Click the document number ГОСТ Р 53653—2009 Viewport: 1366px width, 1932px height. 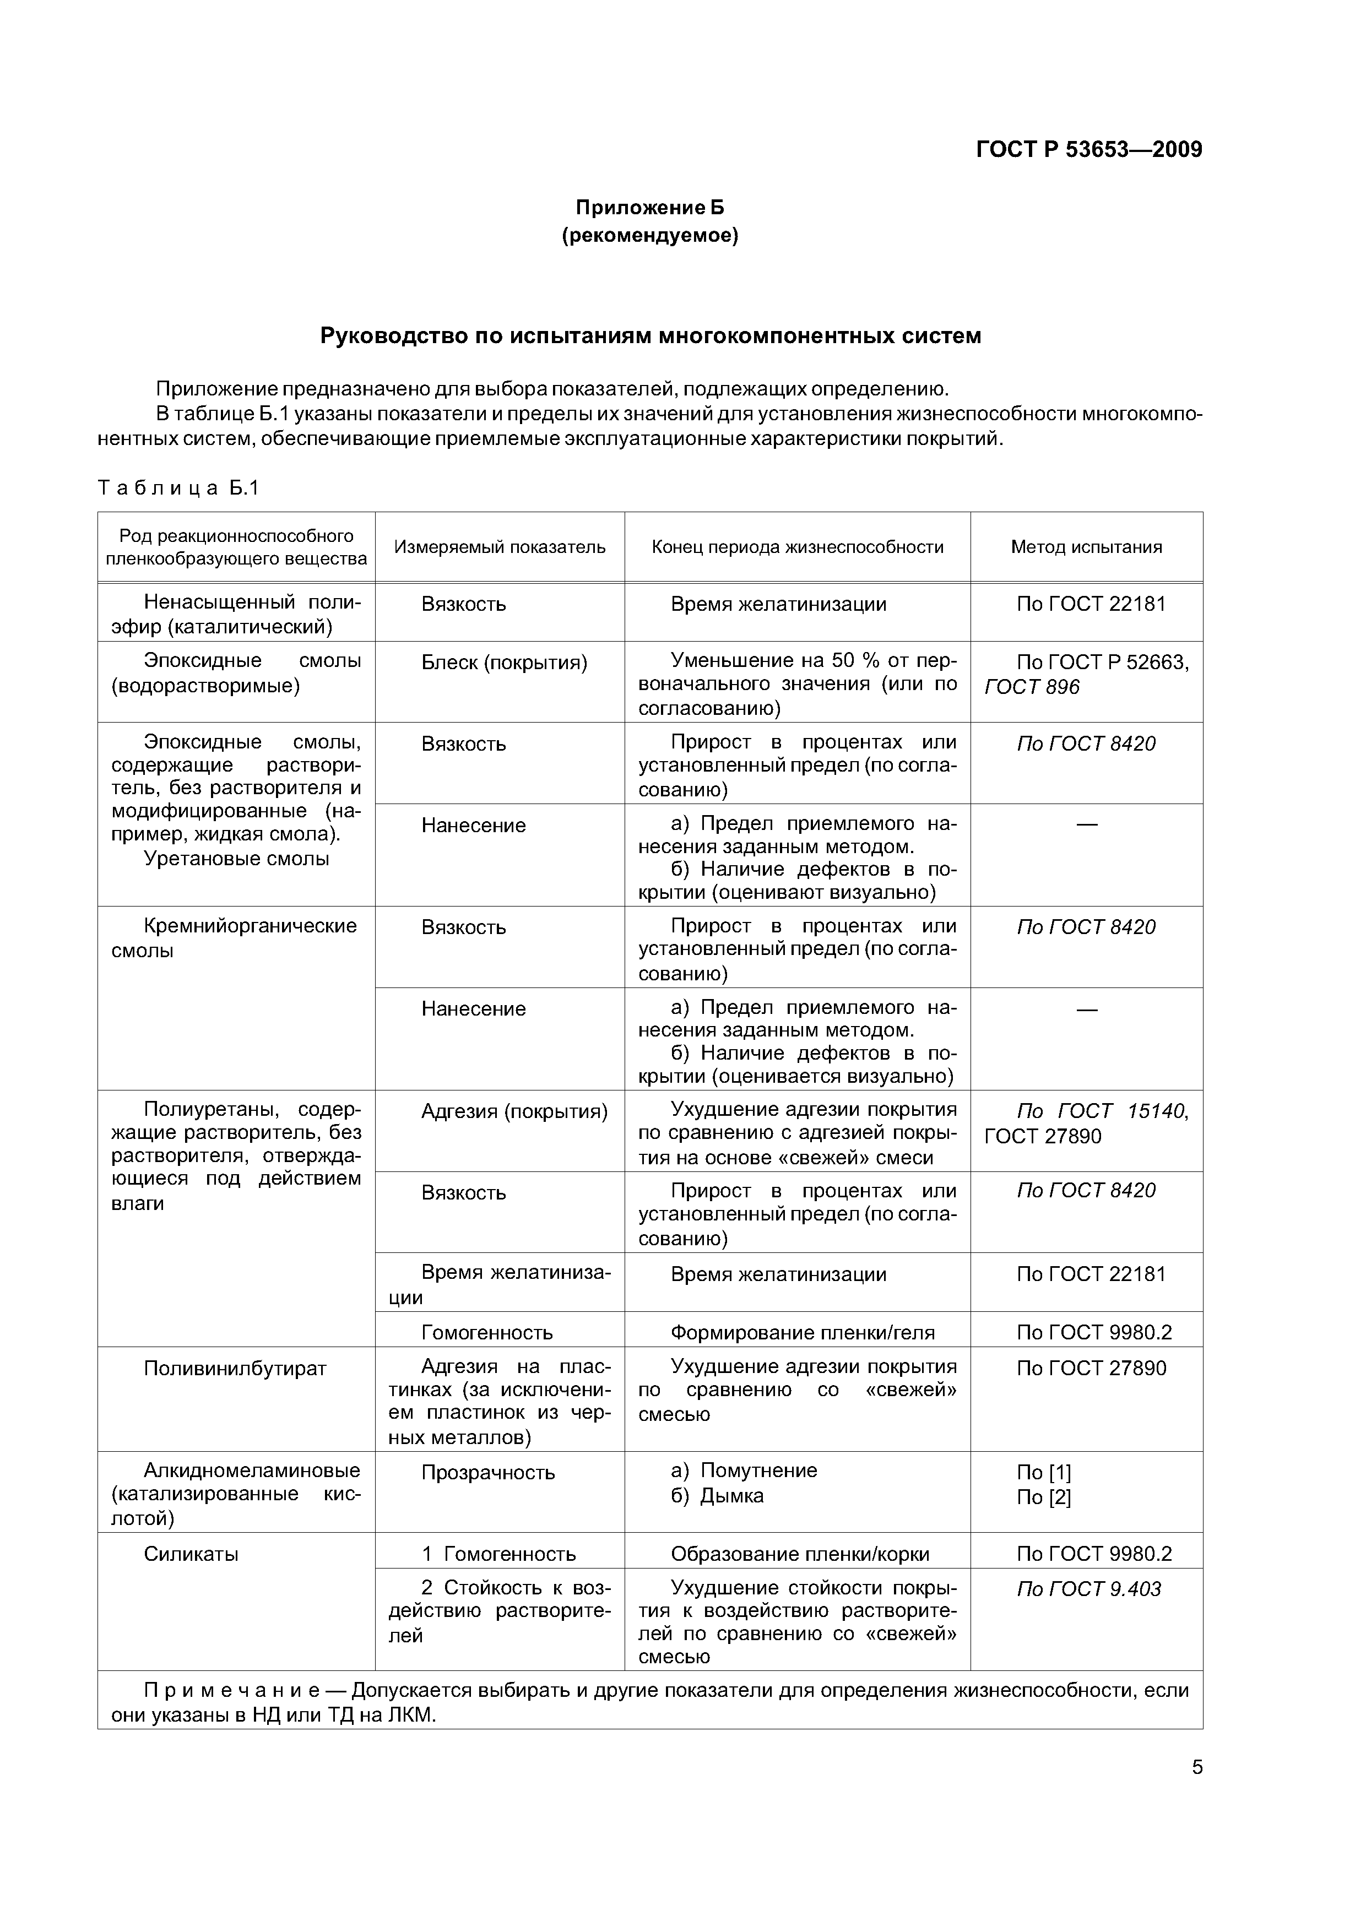(x=1088, y=150)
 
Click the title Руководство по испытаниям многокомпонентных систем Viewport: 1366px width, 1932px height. (x=650, y=336)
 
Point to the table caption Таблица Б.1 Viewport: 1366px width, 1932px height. (x=178, y=488)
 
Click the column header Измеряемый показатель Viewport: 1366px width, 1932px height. (x=500, y=547)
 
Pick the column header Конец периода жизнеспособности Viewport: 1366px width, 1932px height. (x=797, y=547)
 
